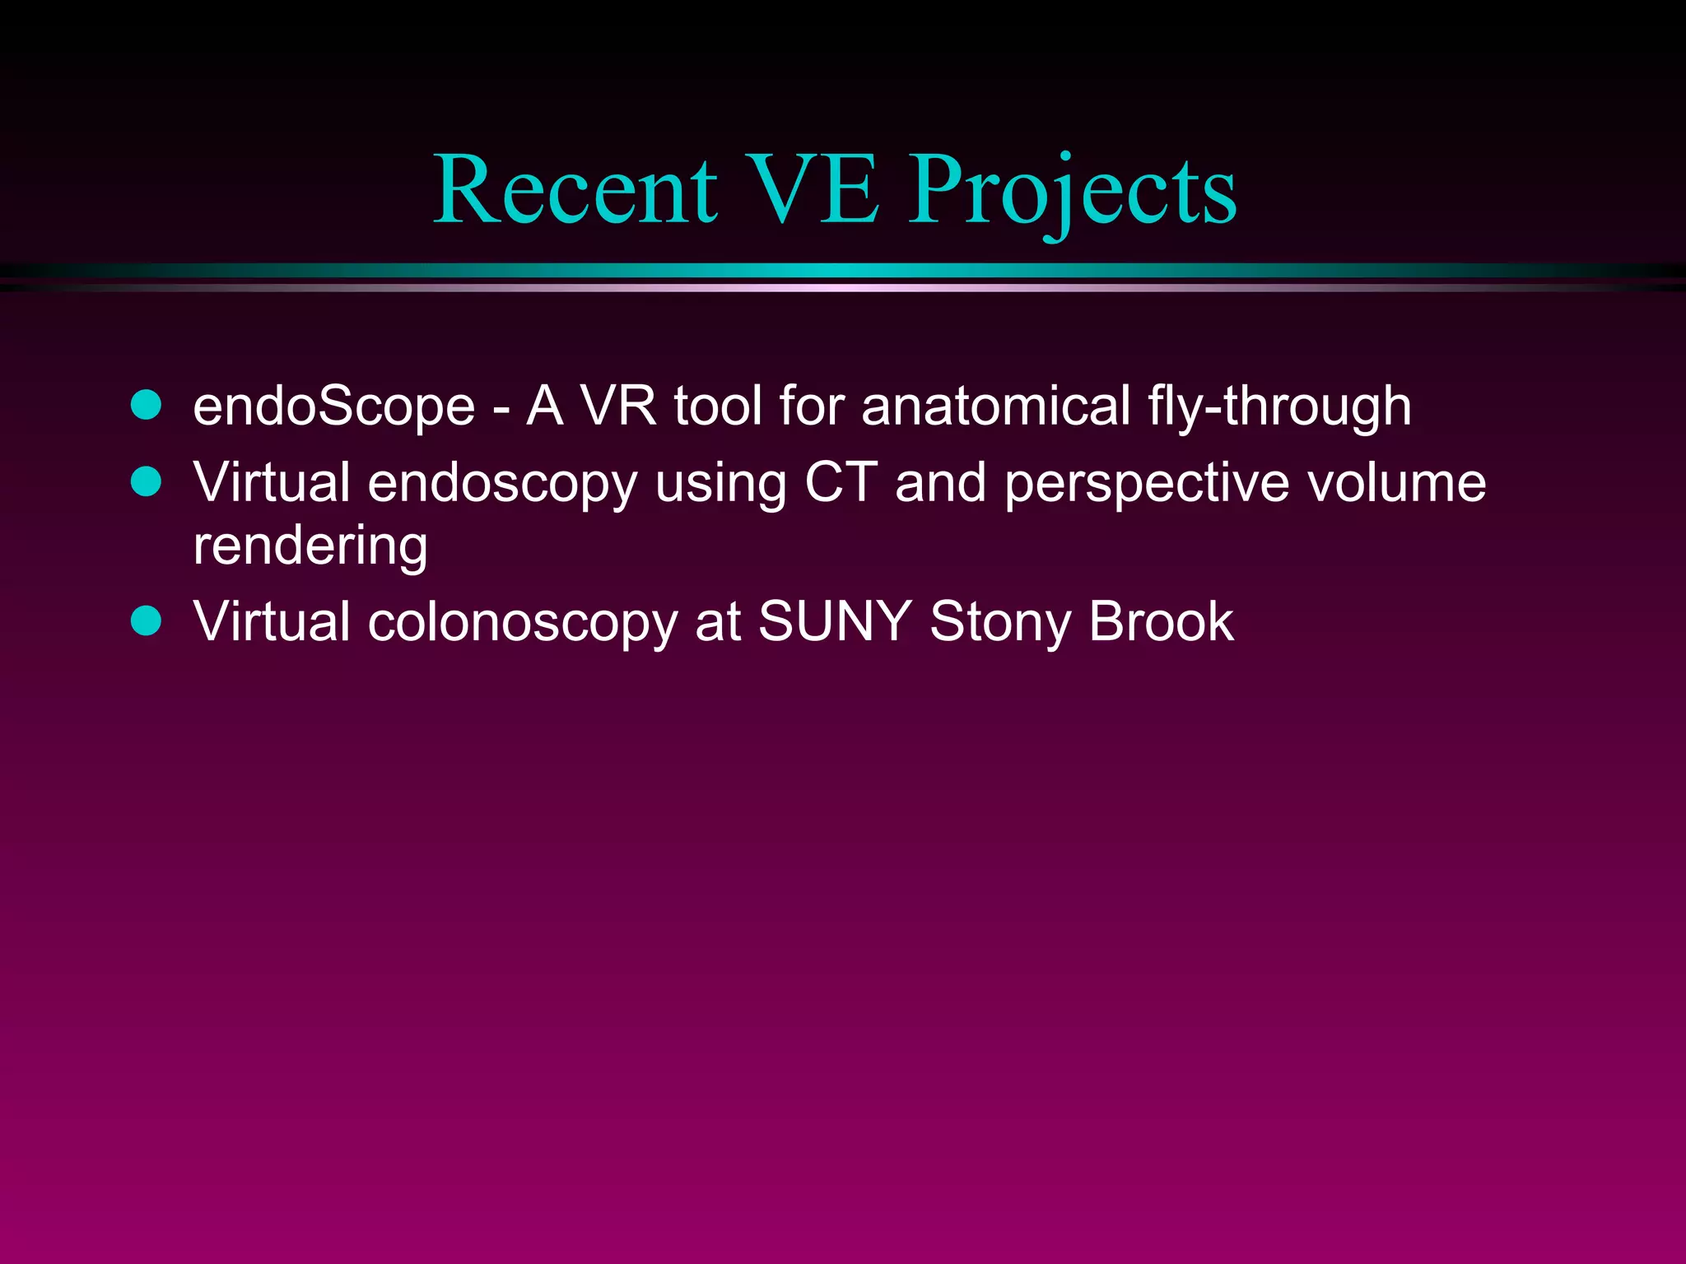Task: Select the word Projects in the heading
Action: [1072, 193]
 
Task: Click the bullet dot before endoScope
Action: [147, 406]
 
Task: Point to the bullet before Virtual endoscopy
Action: [147, 481]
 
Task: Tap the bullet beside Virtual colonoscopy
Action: [147, 620]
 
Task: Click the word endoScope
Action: [334, 407]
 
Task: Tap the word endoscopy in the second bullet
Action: [502, 484]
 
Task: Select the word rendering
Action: [310, 547]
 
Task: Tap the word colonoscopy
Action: [523, 623]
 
